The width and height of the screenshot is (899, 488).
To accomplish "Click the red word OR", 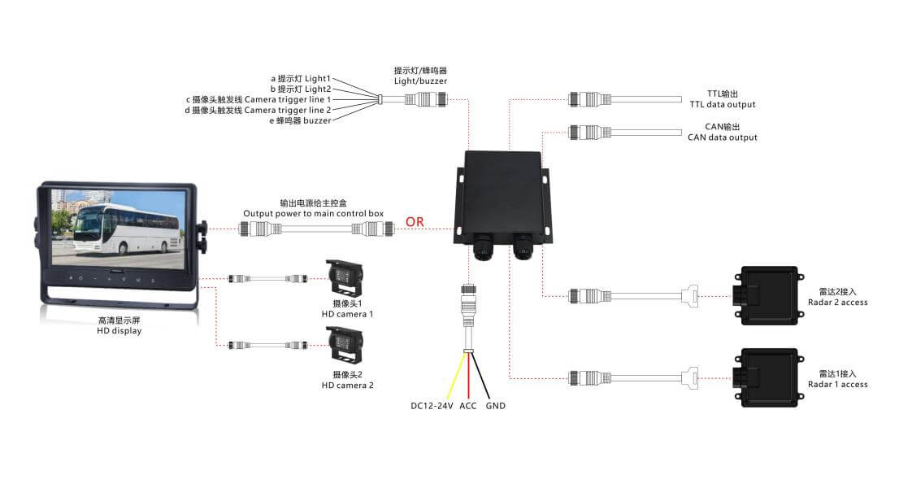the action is (415, 222).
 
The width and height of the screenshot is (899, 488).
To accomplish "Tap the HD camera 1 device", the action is (345, 279).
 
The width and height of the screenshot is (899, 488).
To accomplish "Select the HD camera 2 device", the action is (345, 345).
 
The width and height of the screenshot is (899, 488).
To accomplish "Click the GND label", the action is (495, 406).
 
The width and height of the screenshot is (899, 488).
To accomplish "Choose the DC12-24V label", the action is (432, 406).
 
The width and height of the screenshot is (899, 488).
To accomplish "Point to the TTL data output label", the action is (723, 104).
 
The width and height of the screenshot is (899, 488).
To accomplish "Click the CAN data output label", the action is (723, 137).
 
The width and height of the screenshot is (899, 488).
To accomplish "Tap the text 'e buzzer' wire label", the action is (300, 120).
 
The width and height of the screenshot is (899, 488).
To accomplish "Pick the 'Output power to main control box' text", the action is (313, 213).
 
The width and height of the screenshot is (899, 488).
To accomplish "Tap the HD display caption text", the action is (119, 330).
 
